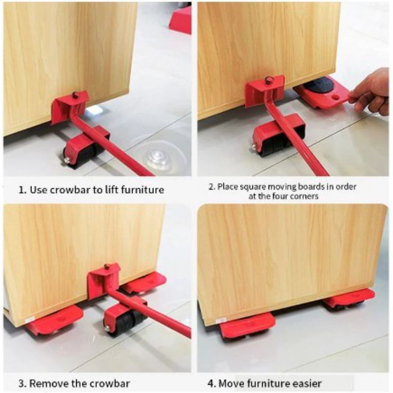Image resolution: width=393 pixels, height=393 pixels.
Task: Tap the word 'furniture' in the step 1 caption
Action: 142,189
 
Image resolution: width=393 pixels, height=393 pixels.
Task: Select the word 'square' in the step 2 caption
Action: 251,187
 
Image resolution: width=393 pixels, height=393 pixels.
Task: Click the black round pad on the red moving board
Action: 318,85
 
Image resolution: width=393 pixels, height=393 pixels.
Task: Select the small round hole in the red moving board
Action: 336,96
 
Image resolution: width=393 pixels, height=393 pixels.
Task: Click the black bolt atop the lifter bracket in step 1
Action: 75,95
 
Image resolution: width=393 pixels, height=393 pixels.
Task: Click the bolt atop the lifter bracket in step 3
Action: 107,267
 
